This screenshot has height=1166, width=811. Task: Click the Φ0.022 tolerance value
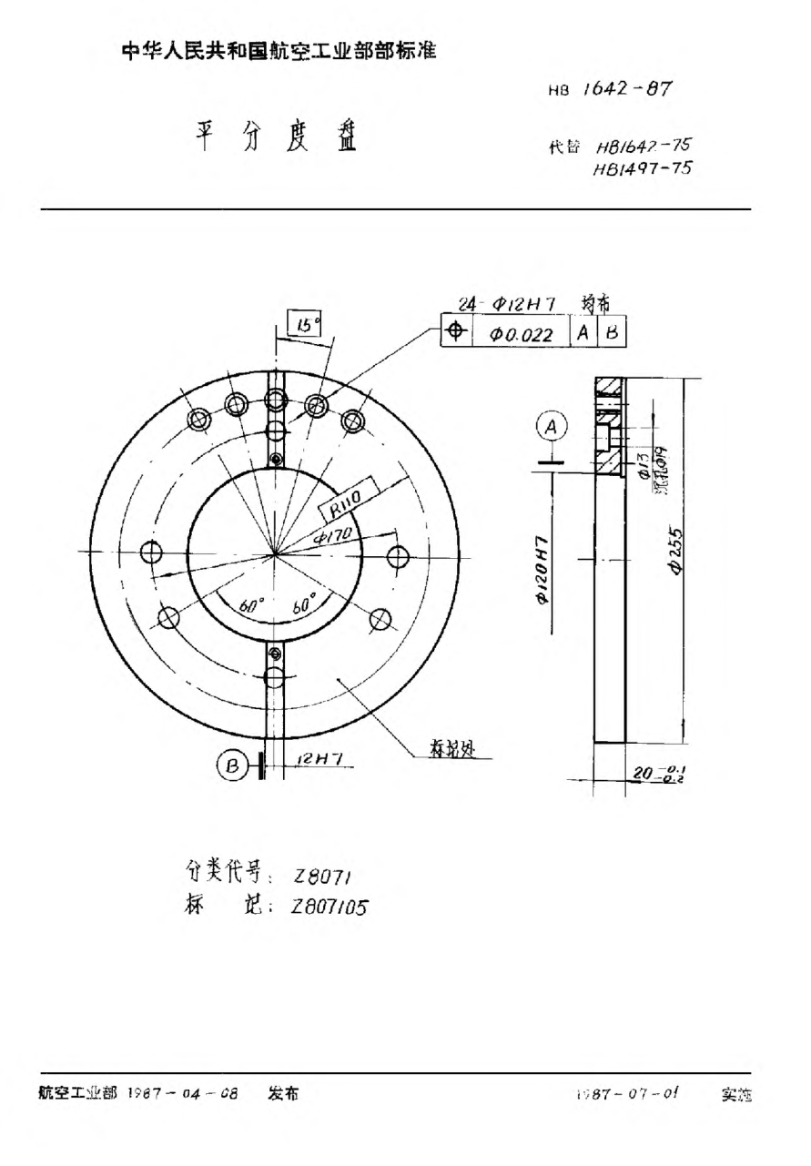point(522,334)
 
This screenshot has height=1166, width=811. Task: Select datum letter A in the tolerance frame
point(583,333)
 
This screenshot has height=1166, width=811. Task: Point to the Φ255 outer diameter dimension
point(675,550)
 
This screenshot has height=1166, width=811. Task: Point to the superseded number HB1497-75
point(641,167)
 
